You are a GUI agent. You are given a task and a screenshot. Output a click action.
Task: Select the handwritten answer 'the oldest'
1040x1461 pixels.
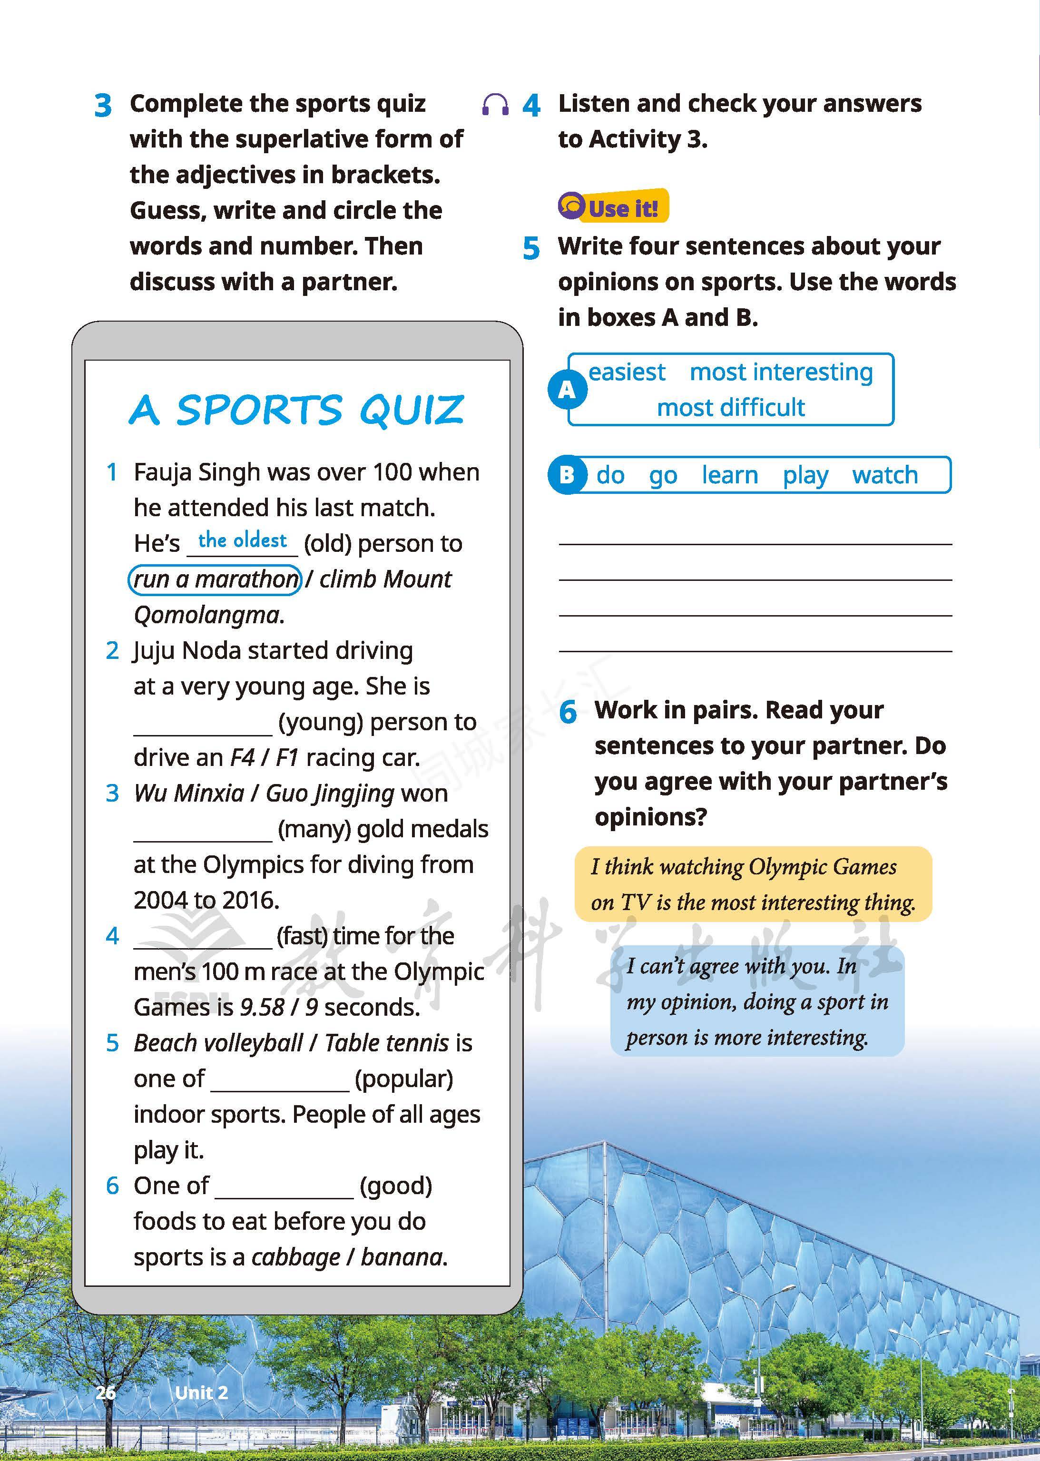click(x=242, y=540)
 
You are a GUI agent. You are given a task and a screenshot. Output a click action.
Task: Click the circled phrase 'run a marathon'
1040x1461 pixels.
click(x=215, y=579)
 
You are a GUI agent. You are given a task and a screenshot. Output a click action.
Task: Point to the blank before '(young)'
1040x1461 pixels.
click(x=203, y=724)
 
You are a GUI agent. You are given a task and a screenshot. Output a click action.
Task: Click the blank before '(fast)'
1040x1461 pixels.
click(x=203, y=937)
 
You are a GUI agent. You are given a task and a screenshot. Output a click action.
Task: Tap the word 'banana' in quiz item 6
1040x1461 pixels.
click(x=402, y=1257)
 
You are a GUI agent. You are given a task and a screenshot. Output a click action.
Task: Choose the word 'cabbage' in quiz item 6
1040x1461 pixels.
click(x=295, y=1257)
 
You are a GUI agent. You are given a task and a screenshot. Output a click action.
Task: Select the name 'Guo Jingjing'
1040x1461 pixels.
click(x=329, y=794)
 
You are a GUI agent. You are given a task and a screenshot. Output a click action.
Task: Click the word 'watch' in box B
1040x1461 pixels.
click(x=884, y=475)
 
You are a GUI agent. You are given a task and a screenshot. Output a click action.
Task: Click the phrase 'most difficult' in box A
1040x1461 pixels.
click(x=731, y=408)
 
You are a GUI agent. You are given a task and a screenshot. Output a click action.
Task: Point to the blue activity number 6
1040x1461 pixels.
click(x=568, y=712)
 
